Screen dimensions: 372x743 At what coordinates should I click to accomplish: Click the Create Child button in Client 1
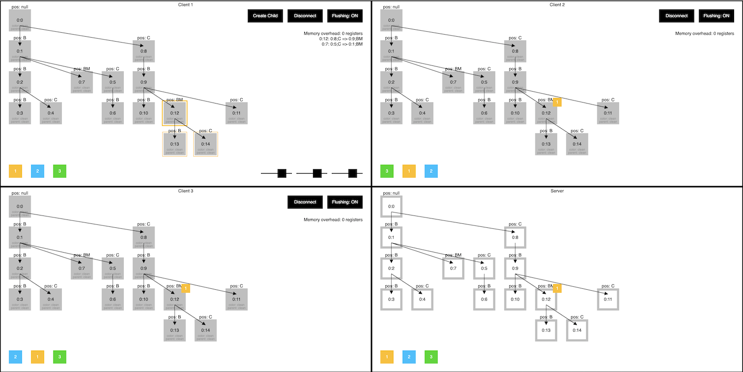coord(265,16)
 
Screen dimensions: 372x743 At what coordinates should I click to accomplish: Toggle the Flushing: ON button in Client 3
coord(345,202)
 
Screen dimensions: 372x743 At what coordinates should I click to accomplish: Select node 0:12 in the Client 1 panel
coord(174,113)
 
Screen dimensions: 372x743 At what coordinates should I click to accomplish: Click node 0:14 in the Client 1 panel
coord(206,144)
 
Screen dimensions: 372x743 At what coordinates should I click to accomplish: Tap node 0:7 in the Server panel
coord(453,268)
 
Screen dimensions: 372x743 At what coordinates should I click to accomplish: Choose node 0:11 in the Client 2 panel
coord(608,113)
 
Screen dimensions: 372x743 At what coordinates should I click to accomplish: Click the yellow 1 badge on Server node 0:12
coord(557,288)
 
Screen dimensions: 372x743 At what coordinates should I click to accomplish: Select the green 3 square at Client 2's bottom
coord(386,171)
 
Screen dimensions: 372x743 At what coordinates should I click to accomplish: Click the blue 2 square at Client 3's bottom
coord(15,357)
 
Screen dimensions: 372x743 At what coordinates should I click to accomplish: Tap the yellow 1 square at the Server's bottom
coord(387,357)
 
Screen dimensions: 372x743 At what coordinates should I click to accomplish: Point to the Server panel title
coord(557,191)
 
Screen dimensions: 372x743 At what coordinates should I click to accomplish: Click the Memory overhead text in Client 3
coord(333,219)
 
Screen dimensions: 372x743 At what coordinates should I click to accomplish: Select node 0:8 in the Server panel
coord(515,238)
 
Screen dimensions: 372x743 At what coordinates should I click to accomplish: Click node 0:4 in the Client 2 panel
coord(422,113)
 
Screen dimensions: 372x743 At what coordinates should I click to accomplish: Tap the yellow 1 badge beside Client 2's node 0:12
coord(557,103)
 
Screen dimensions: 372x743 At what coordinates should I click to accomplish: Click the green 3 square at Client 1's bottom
coord(59,171)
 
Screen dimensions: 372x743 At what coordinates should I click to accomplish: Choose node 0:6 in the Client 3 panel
coord(112,299)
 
